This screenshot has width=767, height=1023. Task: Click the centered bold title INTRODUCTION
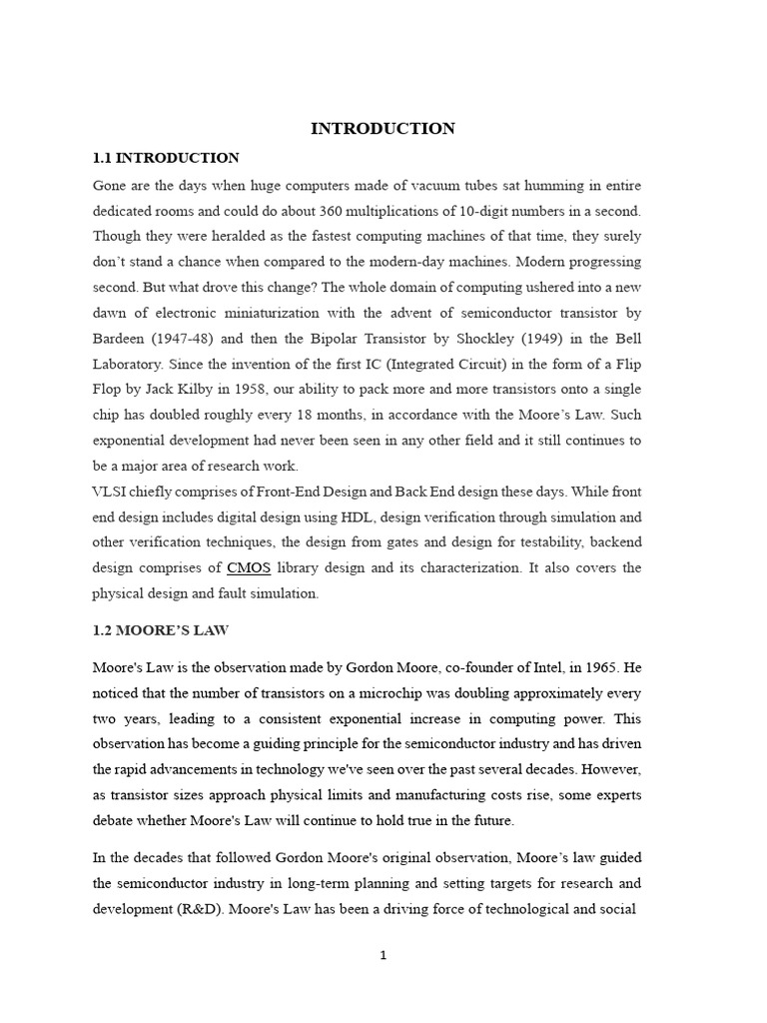[x=383, y=128]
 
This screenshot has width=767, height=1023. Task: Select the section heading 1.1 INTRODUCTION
[x=166, y=158]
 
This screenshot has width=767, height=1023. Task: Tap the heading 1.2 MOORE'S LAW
[x=161, y=630]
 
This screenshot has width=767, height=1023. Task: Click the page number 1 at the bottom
[x=383, y=955]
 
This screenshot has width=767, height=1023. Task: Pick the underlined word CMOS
[x=249, y=567]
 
